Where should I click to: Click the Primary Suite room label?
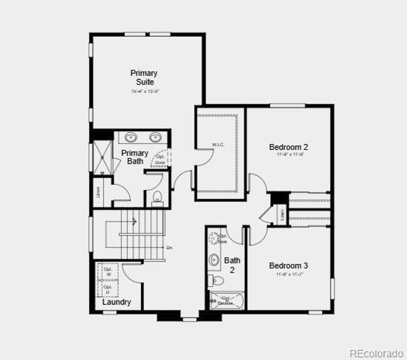pyautogui.click(x=144, y=77)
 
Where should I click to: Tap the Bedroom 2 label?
pyautogui.click(x=288, y=147)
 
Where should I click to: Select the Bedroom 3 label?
pyautogui.click(x=288, y=266)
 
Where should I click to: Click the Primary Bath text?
pyautogui.click(x=134, y=157)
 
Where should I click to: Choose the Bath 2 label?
pyautogui.click(x=232, y=265)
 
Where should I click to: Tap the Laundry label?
pyautogui.click(x=116, y=302)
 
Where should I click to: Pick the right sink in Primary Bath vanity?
pyautogui.click(x=155, y=136)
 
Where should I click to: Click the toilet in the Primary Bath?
pyautogui.click(x=158, y=196)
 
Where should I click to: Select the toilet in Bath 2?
pyautogui.click(x=214, y=280)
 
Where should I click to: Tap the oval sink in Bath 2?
pyautogui.click(x=215, y=260)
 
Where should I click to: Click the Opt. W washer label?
pyautogui.click(x=108, y=271)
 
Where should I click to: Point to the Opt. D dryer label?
pyautogui.click(x=108, y=290)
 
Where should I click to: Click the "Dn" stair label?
pyautogui.click(x=170, y=248)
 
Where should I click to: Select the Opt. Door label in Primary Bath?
pyautogui.click(x=161, y=160)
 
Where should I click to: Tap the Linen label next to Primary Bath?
pyautogui.click(x=98, y=192)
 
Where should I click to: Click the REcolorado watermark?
pyautogui.click(x=377, y=352)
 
